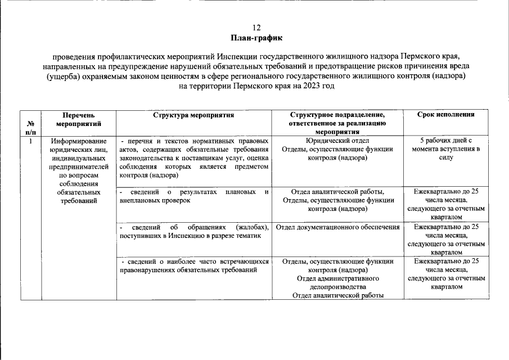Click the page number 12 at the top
(256, 27)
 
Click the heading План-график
(256, 38)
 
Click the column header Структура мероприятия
(193, 114)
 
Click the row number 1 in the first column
(30, 140)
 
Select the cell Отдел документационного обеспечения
(338, 227)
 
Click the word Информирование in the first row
(78, 141)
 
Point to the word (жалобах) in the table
(253, 227)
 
